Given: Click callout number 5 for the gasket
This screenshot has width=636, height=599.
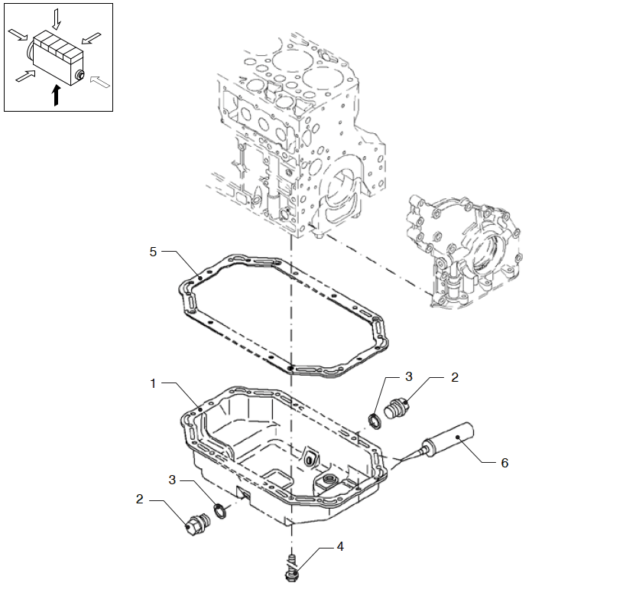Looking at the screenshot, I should tap(154, 252).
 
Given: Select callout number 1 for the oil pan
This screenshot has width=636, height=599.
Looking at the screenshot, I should tap(153, 383).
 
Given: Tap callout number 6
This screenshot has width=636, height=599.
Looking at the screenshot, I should tap(505, 463).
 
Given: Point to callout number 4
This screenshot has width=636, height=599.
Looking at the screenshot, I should tap(340, 546).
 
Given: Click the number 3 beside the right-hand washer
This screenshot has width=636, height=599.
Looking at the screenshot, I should tap(409, 376).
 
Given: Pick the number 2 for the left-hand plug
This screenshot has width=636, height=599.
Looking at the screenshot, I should tap(140, 499).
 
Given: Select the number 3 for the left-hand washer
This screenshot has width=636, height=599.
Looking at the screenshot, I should tap(174, 479).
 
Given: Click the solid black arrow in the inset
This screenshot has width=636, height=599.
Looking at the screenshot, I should tap(55, 95).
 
